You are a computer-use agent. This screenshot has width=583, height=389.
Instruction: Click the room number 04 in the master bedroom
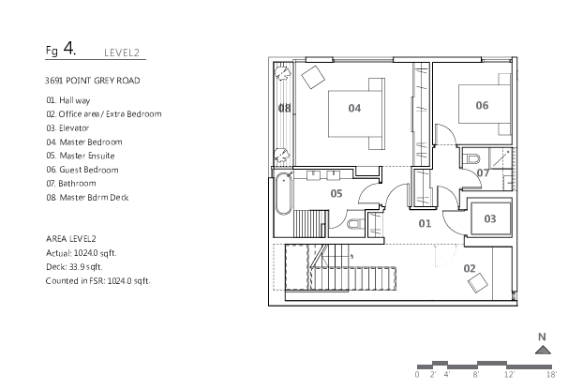click(x=354, y=109)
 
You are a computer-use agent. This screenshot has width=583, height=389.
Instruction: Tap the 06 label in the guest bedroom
click(x=482, y=106)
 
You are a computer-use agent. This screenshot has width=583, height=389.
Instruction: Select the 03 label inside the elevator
click(x=490, y=218)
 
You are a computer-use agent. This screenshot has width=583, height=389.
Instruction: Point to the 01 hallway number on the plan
click(x=425, y=223)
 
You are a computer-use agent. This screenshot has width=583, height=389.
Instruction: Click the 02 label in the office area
click(x=470, y=268)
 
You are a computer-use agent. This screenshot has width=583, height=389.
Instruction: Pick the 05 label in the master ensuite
click(x=336, y=194)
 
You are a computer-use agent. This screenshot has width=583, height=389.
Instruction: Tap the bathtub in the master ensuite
click(x=282, y=201)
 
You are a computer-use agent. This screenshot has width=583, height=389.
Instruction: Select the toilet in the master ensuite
click(x=353, y=224)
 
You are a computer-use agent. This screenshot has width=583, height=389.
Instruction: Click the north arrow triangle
click(x=542, y=350)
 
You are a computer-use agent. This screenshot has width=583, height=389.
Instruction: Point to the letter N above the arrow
click(x=542, y=336)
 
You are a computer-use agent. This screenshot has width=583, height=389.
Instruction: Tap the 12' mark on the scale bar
click(x=510, y=374)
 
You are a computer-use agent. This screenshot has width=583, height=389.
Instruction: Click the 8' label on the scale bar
click(x=476, y=374)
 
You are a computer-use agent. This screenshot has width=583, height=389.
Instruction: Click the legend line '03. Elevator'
click(x=75, y=127)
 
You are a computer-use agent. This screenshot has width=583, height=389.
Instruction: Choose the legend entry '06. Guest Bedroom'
click(x=82, y=170)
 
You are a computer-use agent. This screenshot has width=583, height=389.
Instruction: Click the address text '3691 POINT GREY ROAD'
click(x=92, y=82)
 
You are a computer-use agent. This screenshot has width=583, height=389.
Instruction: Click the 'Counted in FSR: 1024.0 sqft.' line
click(x=97, y=280)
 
